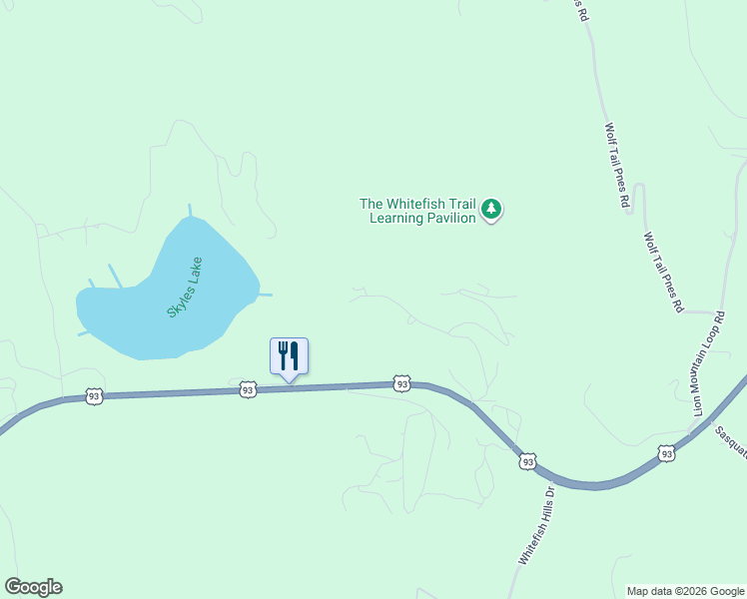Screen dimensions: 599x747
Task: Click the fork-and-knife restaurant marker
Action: click(289, 356)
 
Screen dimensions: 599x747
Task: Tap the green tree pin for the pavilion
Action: click(490, 209)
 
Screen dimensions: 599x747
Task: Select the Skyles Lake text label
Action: click(185, 288)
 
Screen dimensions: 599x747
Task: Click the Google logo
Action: click(33, 587)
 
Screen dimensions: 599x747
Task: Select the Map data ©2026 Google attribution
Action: click(685, 591)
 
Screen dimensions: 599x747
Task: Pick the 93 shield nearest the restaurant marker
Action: click(248, 390)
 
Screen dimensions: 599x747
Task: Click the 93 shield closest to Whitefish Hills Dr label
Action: click(527, 461)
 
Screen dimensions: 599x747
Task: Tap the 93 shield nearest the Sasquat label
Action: click(666, 454)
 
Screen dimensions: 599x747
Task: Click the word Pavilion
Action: click(449, 218)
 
